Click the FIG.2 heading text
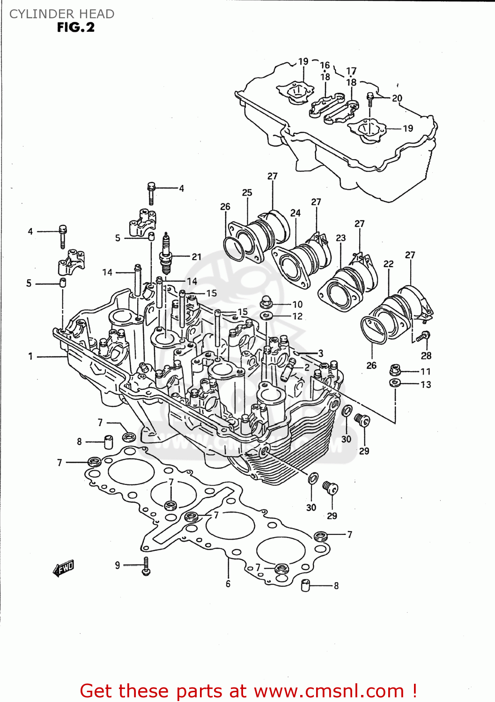tap(75, 28)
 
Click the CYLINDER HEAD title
tap(62, 14)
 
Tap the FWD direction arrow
tap(64, 568)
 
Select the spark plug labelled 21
tap(165, 254)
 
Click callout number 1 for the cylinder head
tap(30, 357)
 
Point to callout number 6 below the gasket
tap(228, 584)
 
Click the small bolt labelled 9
tap(146, 566)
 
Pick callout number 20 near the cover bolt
tap(397, 98)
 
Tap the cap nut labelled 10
tap(266, 302)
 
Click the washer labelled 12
tap(266, 316)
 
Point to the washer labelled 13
tap(395, 383)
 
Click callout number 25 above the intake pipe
tap(247, 192)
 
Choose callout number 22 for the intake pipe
tap(388, 264)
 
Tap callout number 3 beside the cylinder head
tap(321, 353)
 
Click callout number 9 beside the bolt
tap(118, 565)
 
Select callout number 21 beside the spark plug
tap(196, 256)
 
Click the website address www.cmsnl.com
tap(329, 691)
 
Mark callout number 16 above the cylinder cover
tap(325, 66)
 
